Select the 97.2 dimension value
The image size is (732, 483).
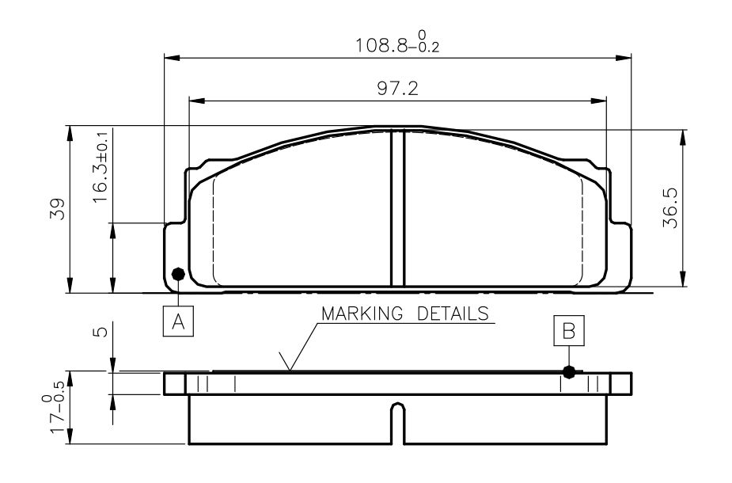click(397, 88)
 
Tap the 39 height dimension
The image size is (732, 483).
click(58, 209)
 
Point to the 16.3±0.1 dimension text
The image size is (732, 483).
click(100, 167)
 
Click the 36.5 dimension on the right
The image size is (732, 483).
click(670, 208)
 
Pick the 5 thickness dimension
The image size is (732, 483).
click(100, 332)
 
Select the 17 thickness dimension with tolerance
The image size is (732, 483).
click(55, 407)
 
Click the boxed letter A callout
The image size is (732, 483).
click(178, 321)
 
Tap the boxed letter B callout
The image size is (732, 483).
click(569, 331)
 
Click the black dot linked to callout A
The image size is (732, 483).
click(178, 274)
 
